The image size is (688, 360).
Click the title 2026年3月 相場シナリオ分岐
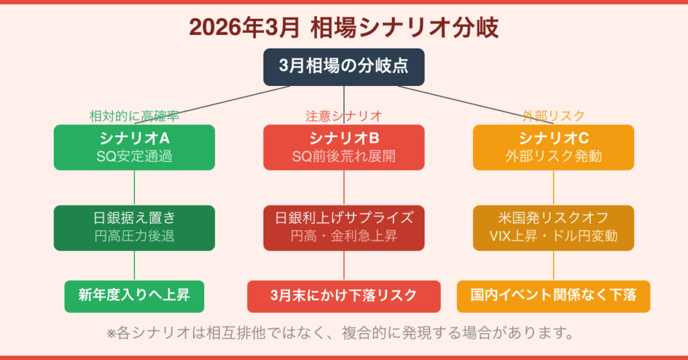[343, 28]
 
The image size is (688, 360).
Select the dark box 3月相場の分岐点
[343, 66]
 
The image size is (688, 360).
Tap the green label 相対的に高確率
[134, 116]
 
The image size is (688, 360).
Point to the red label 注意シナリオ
[343, 116]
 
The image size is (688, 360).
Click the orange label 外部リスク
[553, 116]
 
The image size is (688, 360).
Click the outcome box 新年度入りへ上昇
[134, 296]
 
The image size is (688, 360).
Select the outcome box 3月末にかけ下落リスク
[343, 296]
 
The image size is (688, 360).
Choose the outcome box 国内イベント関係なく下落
[553, 296]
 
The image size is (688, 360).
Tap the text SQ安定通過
[134, 156]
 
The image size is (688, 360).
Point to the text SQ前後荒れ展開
[343, 156]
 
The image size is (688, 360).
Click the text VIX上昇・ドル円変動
[553, 236]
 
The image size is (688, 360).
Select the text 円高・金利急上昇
[343, 236]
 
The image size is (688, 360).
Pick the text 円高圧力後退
[134, 236]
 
